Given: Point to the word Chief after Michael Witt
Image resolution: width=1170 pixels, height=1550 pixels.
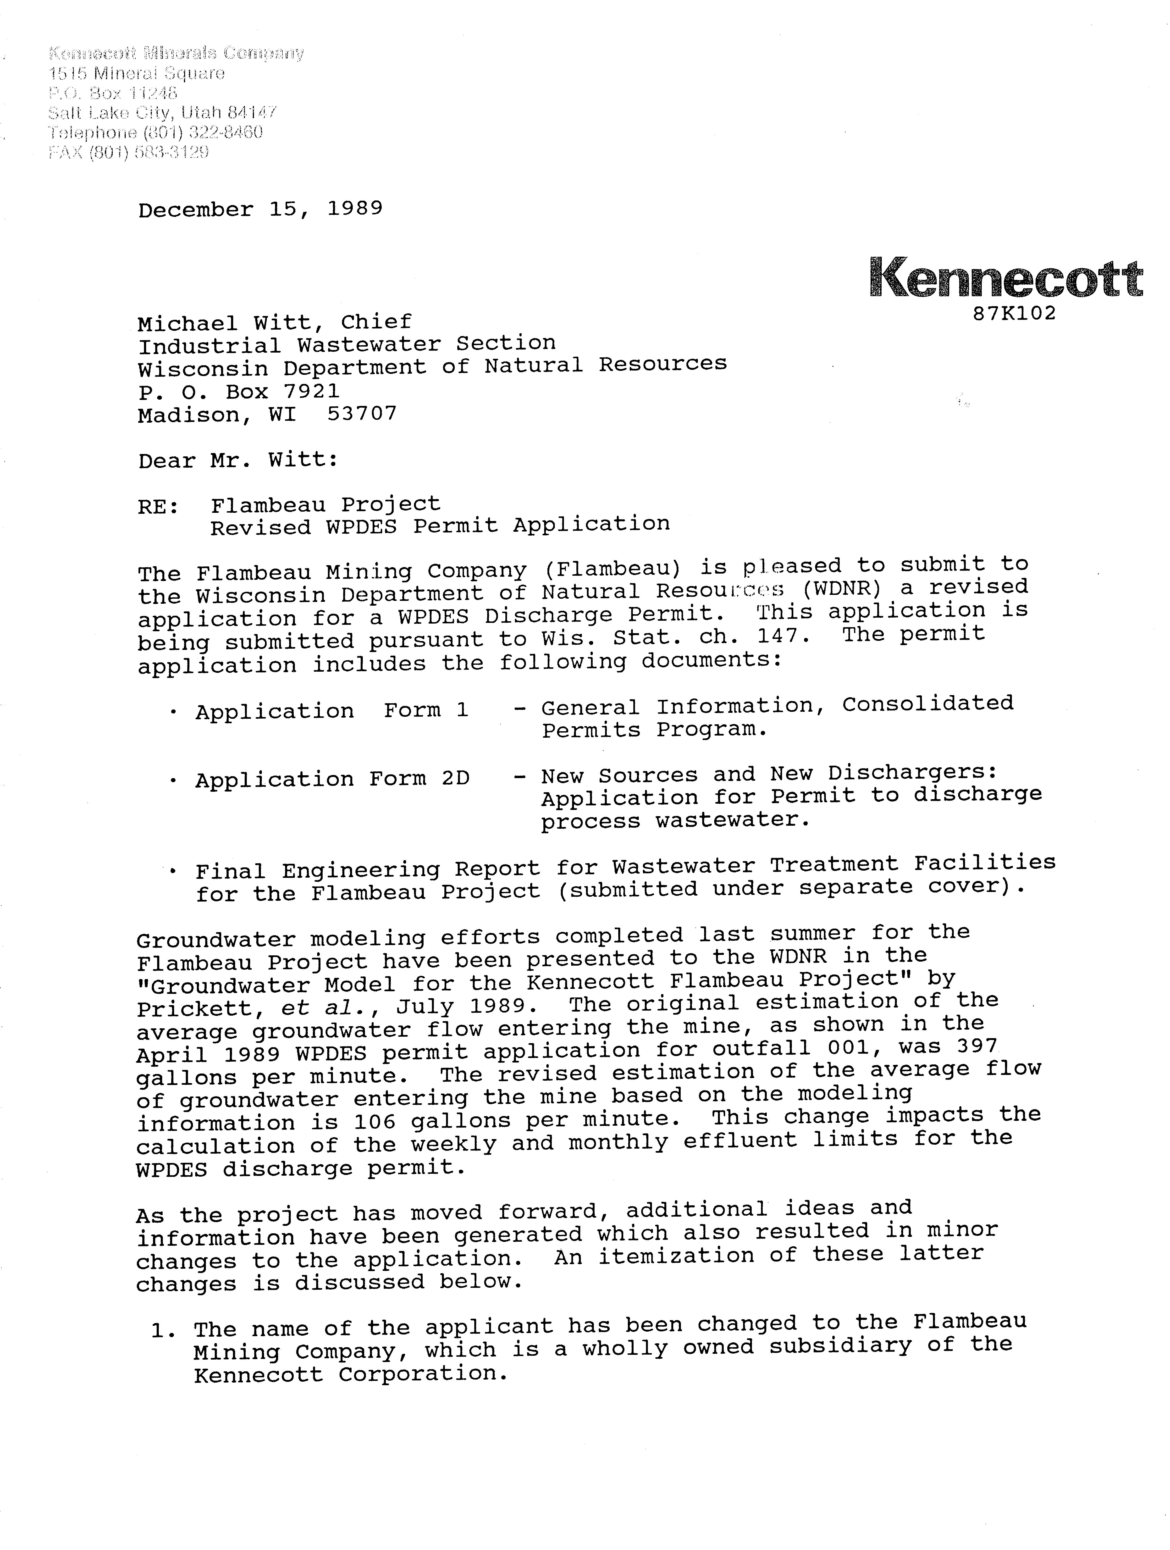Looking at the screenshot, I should [376, 322].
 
